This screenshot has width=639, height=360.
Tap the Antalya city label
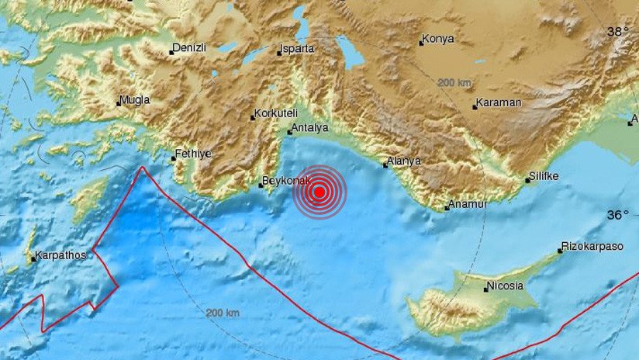(x=309, y=128)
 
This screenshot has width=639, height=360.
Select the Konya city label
(x=438, y=39)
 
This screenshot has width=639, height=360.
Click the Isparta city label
(x=299, y=49)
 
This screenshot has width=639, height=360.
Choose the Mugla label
(x=136, y=99)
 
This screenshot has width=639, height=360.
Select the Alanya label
(x=404, y=161)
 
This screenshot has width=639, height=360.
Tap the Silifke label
(x=545, y=176)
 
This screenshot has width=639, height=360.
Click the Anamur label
(x=468, y=205)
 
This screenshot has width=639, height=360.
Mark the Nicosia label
(x=506, y=286)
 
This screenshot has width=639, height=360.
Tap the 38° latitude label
(x=618, y=32)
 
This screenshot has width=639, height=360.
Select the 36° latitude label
(x=618, y=215)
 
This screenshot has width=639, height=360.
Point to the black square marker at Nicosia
(x=486, y=289)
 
